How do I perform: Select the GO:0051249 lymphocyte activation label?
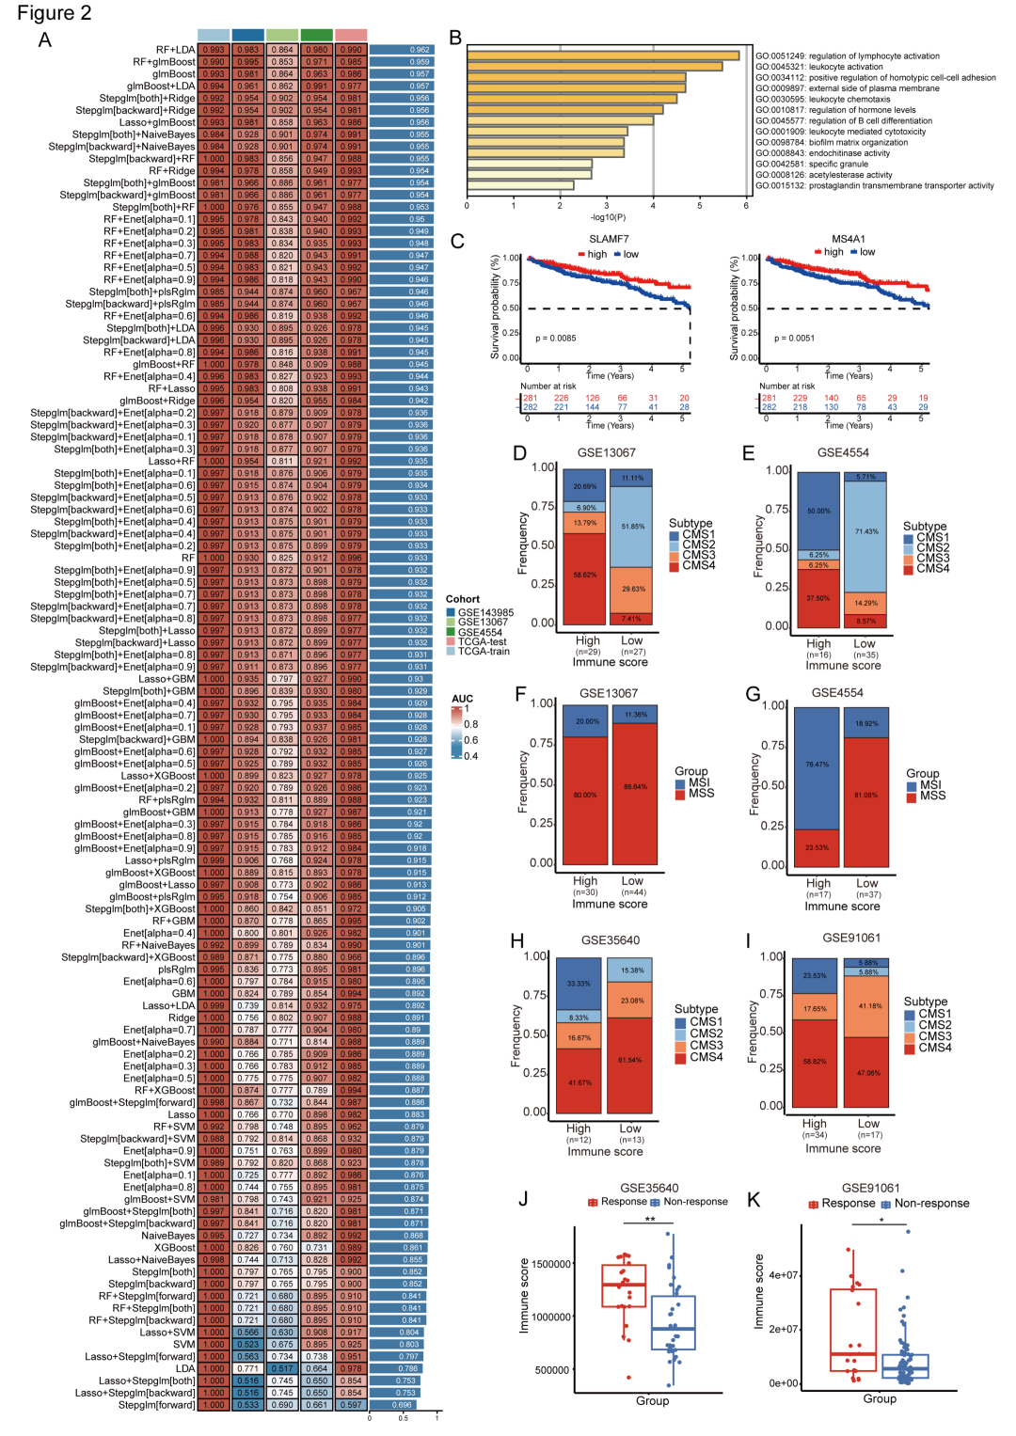(847, 56)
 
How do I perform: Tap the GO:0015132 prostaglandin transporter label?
(874, 186)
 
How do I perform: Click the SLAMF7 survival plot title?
(609, 240)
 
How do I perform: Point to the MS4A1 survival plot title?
(849, 240)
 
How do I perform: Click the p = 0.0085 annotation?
(556, 339)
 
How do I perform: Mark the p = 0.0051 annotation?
(794, 339)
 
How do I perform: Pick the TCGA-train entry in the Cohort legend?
(484, 651)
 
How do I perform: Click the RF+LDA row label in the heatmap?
(175, 50)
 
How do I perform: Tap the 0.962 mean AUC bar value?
(420, 50)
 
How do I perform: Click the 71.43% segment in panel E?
(865, 532)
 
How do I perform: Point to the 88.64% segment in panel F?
(634, 787)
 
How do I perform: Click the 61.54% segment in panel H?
(630, 1061)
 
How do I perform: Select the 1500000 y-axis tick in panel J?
(551, 1265)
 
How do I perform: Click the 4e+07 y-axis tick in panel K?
(784, 1276)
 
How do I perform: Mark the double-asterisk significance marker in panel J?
(650, 1220)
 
